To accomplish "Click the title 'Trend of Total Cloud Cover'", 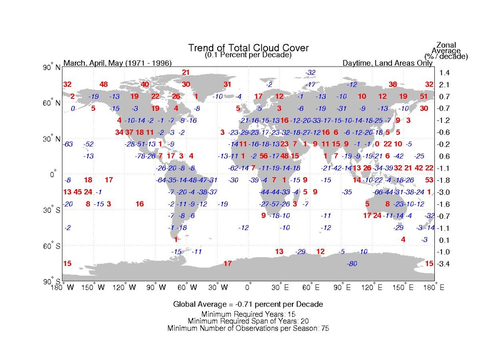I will [x=248, y=48].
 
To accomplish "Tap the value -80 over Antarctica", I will [x=352, y=263].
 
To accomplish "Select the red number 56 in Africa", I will [x=264, y=156].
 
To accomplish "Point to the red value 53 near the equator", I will [x=429, y=180].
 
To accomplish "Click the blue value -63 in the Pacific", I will [x=68, y=144].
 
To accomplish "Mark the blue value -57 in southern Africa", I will [x=275, y=204].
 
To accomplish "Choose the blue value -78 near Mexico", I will [x=140, y=156].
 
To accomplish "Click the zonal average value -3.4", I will [x=445, y=263].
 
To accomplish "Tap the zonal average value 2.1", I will [x=445, y=85].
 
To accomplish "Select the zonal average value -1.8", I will [x=445, y=180].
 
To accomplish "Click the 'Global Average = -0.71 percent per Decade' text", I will [x=248, y=304].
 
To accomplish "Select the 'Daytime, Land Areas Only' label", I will [x=388, y=63].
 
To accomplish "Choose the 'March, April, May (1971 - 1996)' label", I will [x=118, y=63].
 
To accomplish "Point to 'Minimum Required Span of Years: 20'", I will [x=248, y=321].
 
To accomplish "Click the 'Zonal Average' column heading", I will [x=446, y=49].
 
